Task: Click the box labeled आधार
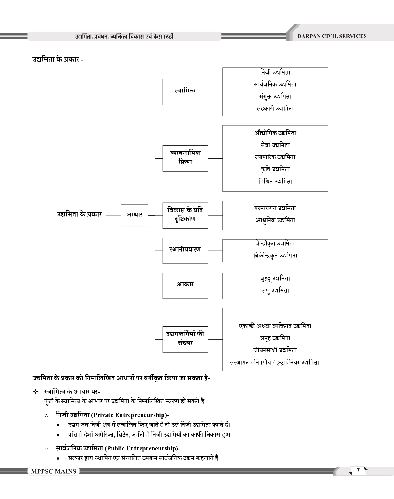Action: pyautogui.click(x=134, y=215)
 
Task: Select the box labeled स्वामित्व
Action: pyautogui.click(x=185, y=92)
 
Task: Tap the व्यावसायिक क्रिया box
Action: pyautogui.click(x=185, y=158)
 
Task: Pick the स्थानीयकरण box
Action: pyautogui.click(x=185, y=250)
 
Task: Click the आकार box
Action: pyautogui.click(x=185, y=285)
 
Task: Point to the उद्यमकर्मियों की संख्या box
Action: pyautogui.click(x=185, y=339)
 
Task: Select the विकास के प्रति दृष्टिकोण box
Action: pyautogui.click(x=185, y=215)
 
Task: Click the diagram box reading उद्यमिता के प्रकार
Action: pyautogui.click(x=79, y=215)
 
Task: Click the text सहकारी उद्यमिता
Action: pyautogui.click(x=275, y=109)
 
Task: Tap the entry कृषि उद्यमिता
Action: pyautogui.click(x=275, y=169)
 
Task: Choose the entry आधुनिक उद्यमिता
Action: pyautogui.click(x=275, y=220)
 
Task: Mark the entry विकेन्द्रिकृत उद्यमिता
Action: pyautogui.click(x=275, y=256)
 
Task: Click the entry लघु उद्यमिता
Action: pyautogui.click(x=275, y=290)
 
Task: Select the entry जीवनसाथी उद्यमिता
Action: pyautogui.click(x=275, y=350)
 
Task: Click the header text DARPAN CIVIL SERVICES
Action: pyautogui.click(x=332, y=36)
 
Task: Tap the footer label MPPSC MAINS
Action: pyautogui.click(x=53, y=471)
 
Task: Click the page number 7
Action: pyautogui.click(x=358, y=471)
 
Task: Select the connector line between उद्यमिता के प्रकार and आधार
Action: pyautogui.click(x=113, y=216)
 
